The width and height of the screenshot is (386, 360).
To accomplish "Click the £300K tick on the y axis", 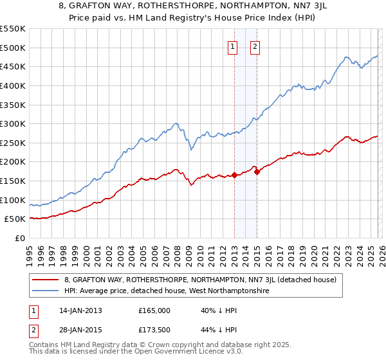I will [13, 123].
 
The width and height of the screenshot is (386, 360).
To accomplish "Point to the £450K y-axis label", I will [13, 66].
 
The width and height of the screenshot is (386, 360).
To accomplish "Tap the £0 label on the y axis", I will [19, 238].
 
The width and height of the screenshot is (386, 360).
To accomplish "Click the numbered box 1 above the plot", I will [232, 46].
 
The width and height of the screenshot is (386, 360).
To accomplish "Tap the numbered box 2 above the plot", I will [255, 46].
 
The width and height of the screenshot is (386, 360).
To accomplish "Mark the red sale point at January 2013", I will [234, 175].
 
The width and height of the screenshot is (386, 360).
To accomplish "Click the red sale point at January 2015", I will [257, 172].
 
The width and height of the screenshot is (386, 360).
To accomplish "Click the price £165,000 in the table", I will [154, 310].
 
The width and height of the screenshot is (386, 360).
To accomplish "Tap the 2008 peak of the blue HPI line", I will [176, 123].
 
